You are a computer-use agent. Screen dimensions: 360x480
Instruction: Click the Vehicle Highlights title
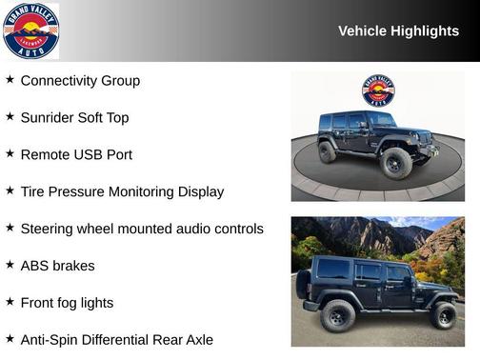398,31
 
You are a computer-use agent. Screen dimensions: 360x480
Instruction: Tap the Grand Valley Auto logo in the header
30,30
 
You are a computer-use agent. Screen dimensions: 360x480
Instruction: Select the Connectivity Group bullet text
80,81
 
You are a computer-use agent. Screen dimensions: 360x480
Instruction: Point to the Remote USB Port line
76,155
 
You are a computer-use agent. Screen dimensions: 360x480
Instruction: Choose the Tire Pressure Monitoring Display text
122,192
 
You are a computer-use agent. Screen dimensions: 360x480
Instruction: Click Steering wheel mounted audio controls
142,230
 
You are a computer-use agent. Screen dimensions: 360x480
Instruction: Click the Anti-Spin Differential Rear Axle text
116,340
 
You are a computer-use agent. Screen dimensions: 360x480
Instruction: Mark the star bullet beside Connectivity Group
10,80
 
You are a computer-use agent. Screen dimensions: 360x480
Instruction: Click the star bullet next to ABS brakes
10,265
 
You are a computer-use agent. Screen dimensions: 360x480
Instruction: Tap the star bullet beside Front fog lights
10,302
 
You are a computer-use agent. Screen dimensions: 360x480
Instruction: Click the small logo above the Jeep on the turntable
378,90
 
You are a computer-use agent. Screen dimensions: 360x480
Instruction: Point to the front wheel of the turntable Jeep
395,164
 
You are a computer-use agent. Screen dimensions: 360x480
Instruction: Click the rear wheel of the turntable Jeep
328,151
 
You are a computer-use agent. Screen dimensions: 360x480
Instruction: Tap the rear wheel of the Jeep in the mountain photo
338,315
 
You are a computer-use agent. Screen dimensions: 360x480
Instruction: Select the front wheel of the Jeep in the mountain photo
443,315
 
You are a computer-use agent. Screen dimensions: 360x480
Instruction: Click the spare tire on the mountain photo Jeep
303,284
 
